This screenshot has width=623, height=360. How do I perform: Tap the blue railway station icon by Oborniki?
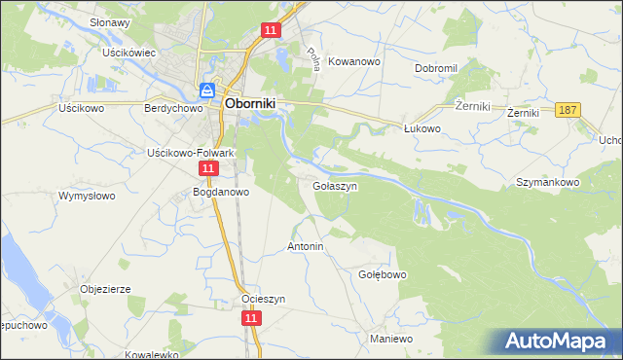tap(207, 90)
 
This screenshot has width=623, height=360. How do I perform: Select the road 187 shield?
tap(569, 110)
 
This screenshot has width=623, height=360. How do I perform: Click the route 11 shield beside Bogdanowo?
tap(207, 169)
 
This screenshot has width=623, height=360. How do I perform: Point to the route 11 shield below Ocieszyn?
tap(251, 318)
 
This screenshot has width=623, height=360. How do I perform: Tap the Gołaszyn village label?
tap(337, 185)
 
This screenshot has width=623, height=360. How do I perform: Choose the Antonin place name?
tap(305, 247)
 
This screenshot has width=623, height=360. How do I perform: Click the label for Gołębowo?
tap(383, 275)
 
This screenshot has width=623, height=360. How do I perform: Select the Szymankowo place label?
tap(548, 182)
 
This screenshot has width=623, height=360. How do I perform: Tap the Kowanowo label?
tap(354, 60)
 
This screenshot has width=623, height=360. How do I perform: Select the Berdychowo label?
tap(171, 109)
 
